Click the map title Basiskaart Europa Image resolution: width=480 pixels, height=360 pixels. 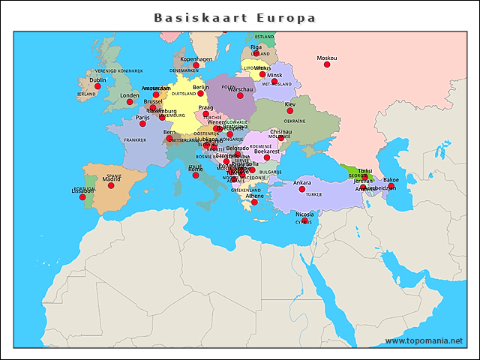[x=235, y=17]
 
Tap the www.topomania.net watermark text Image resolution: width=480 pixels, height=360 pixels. [x=424, y=340]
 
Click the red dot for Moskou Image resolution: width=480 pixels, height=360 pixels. [x=327, y=64]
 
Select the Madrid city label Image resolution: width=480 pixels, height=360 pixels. [x=111, y=179]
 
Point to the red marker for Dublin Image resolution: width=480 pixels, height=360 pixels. [x=97, y=86]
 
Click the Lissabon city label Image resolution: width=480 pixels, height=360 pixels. [x=82, y=190]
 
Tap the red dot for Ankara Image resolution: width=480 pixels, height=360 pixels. [x=302, y=189]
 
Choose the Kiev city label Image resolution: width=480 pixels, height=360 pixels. [x=290, y=104]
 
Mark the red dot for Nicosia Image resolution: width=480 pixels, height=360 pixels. [x=304, y=220]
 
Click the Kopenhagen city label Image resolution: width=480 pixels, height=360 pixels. [x=196, y=58]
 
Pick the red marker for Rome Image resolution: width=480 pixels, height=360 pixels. [x=196, y=175]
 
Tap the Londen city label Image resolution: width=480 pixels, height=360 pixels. [x=130, y=95]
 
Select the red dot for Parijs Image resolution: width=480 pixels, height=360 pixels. [x=142, y=124]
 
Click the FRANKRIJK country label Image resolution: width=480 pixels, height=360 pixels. [x=135, y=140]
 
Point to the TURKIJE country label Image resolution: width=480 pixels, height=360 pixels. [x=313, y=194]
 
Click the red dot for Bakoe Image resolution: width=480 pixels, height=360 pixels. [x=391, y=186]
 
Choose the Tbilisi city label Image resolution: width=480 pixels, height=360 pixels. [x=365, y=171]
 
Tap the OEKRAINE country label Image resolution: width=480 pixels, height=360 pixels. [x=294, y=121]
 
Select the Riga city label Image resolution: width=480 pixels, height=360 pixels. [x=256, y=46]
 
